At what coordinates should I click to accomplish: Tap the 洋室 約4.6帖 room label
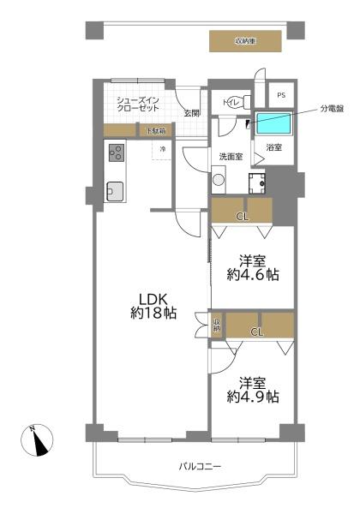(x=253, y=267)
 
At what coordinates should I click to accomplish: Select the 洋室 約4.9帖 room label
(x=253, y=389)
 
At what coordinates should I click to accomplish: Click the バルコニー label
(x=200, y=467)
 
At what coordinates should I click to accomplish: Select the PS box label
(x=280, y=93)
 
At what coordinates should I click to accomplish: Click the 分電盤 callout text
(x=333, y=108)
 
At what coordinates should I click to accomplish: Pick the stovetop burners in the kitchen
(x=117, y=154)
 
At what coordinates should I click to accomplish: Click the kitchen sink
(x=114, y=191)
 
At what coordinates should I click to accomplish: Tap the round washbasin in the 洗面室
(x=219, y=180)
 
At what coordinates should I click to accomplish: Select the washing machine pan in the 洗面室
(x=256, y=182)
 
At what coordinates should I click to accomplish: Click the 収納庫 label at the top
(x=246, y=40)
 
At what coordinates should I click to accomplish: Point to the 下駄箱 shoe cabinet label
(x=156, y=130)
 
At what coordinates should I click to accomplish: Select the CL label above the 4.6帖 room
(x=243, y=216)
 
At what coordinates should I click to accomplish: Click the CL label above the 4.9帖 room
(x=255, y=330)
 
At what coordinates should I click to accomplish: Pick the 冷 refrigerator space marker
(x=161, y=149)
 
